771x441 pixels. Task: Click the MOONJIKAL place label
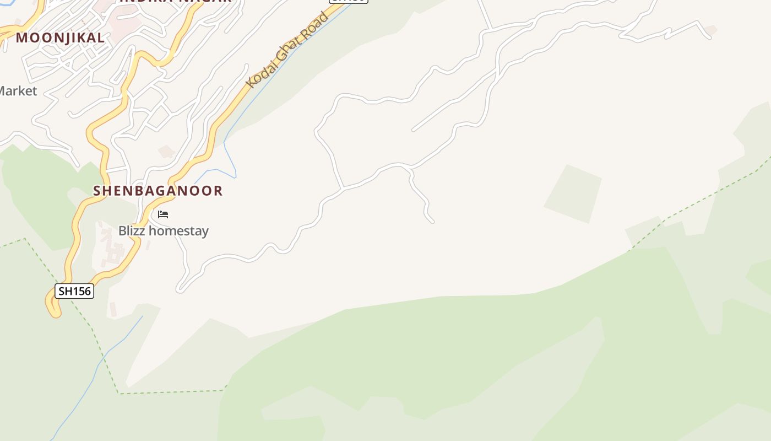[60, 38]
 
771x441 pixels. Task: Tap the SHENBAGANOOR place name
[158, 191]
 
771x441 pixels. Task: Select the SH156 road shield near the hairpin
[74, 291]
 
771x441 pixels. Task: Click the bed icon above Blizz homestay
[163, 214]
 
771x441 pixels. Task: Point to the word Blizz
[132, 230]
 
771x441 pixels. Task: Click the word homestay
[178, 230]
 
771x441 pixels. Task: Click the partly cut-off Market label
[18, 91]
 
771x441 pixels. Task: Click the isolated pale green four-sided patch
[573, 194]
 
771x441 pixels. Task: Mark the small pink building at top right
[711, 30]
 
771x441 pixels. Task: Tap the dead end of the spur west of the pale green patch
[432, 222]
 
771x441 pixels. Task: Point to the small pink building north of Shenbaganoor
[166, 150]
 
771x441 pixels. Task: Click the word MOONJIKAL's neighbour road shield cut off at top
[349, 1]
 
